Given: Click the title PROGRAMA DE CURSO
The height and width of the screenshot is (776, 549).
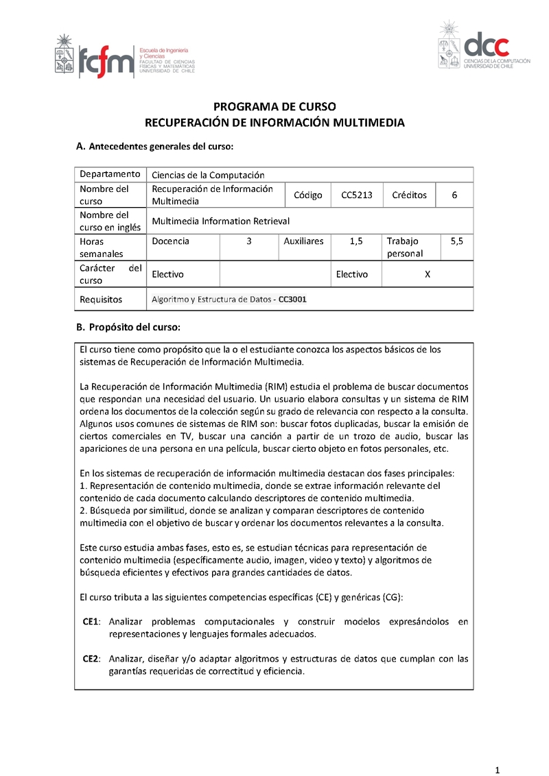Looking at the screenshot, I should click(x=274, y=107).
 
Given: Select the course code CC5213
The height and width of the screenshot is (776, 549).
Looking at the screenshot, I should click(x=357, y=195).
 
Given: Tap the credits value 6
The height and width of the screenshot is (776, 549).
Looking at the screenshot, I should click(x=454, y=195).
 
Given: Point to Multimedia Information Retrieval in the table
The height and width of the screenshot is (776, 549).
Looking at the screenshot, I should click(x=220, y=221).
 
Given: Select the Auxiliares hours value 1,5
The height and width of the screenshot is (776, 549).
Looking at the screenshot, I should click(x=355, y=241).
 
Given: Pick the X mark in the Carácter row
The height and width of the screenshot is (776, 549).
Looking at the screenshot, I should click(x=427, y=274).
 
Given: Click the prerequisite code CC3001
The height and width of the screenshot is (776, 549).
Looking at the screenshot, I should click(x=292, y=300).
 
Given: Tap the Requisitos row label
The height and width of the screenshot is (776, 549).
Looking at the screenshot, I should click(x=101, y=300).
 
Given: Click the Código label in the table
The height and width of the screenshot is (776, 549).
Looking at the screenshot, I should click(x=307, y=195).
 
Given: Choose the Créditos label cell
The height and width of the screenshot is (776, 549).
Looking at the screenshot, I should click(x=409, y=195).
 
